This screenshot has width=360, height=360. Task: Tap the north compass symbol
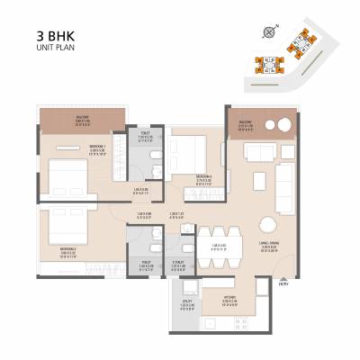pos(268,33)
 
